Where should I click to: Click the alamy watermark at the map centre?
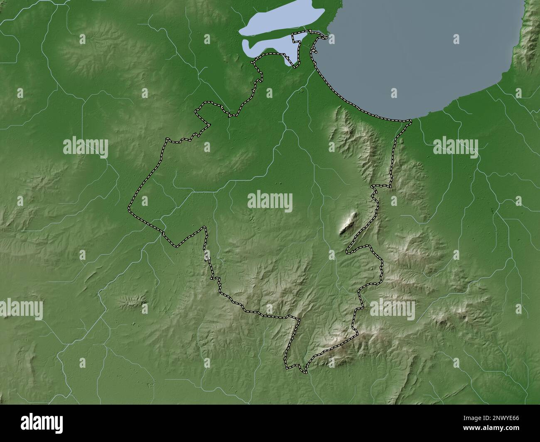pyautogui.click(x=270, y=203)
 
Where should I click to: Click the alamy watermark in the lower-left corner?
pyautogui.click(x=22, y=309)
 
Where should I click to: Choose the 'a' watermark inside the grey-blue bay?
pyautogui.click(x=456, y=39)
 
